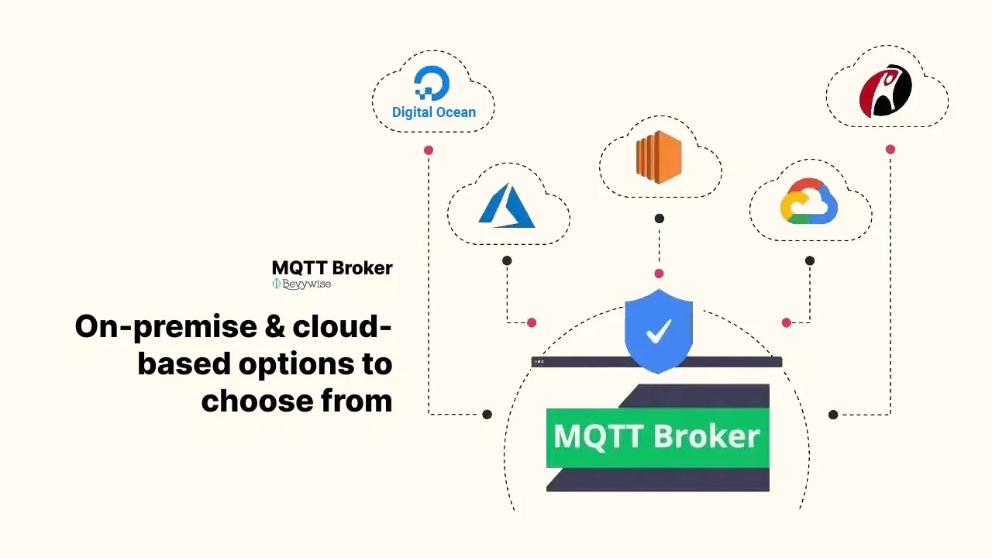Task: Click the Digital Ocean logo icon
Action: [x=432, y=83]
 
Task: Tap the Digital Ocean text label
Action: [x=434, y=112]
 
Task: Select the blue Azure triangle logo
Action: [x=508, y=206]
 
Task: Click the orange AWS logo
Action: [x=659, y=157]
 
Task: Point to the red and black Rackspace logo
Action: [x=886, y=91]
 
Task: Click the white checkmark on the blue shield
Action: [x=659, y=332]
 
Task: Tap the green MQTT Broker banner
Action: [x=657, y=436]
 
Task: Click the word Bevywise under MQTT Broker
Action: [x=306, y=284]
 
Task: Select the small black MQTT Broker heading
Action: [x=332, y=268]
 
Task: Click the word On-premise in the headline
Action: [x=162, y=327]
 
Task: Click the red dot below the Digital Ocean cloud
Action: [x=429, y=150]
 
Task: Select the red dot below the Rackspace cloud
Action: [x=890, y=149]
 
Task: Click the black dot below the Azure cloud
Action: [x=507, y=260]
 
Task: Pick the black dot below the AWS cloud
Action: [x=659, y=219]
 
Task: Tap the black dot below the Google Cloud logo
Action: [x=810, y=260]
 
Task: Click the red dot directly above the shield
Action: [x=659, y=274]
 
